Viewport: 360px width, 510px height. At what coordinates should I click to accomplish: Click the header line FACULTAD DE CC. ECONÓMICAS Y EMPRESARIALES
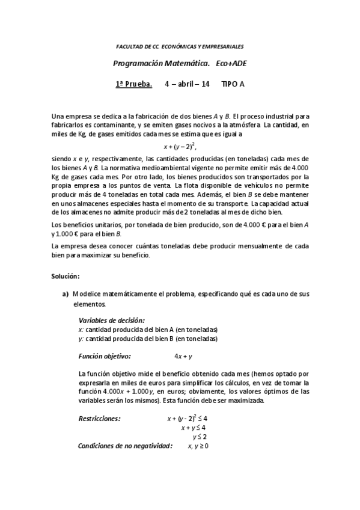coord(180,46)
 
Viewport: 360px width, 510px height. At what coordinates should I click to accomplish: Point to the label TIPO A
coord(233,84)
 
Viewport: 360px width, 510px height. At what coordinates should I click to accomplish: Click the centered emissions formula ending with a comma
coord(180,146)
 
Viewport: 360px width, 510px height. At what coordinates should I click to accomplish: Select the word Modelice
coord(88,294)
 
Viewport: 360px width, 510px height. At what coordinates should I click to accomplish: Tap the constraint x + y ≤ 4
coord(194,428)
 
